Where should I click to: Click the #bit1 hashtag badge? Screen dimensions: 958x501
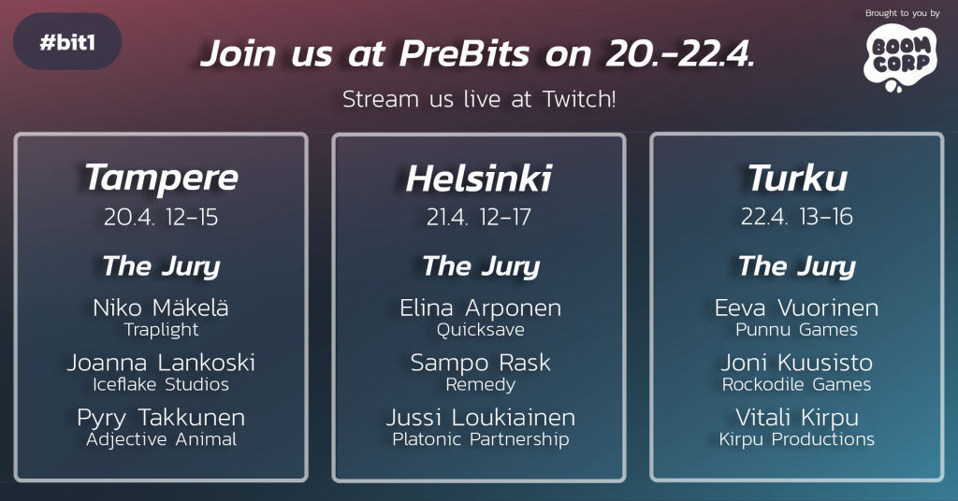pos(67,41)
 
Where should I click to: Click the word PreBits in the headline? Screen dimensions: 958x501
pos(464,53)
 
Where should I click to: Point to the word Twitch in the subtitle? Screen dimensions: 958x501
pos(579,99)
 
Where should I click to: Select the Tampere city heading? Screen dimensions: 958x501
pos(161,179)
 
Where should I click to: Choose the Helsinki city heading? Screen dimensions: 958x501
pos(479,179)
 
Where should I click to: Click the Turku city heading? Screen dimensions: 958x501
pos(797,179)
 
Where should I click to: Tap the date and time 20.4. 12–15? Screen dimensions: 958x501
pos(161,217)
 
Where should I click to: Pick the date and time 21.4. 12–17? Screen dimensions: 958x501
pos(479,217)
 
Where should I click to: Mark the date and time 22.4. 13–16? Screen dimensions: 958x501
pos(797,217)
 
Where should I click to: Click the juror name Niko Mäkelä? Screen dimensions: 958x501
pos(161,308)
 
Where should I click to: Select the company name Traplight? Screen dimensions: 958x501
pos(161,330)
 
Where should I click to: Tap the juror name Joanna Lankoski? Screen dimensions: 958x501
pos(161,363)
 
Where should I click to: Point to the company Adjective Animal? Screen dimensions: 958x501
pos(161,439)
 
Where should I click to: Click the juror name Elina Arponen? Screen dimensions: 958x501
pos(480,308)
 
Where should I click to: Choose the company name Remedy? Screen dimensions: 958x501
pos(481,385)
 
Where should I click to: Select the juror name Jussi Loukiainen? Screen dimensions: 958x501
pos(481,418)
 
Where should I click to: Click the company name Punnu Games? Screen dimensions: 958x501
pos(797,330)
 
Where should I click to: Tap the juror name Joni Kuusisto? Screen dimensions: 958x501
pos(797,363)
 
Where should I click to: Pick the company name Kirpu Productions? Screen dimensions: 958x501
pos(797,439)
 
